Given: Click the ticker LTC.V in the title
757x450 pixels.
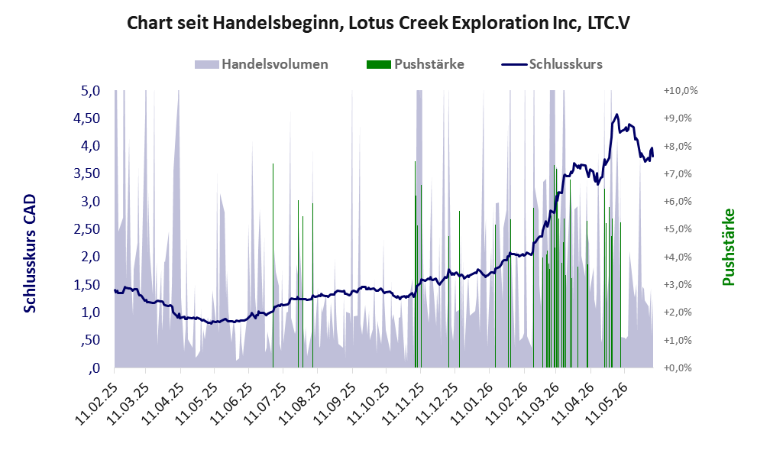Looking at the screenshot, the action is click(x=609, y=23).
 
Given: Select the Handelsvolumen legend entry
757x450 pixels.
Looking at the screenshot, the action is click(x=261, y=64).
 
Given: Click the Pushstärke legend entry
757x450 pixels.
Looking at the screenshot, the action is click(x=416, y=64).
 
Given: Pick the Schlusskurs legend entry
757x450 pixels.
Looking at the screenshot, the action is click(x=552, y=64).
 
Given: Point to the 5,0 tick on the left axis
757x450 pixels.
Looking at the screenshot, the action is click(x=90, y=91).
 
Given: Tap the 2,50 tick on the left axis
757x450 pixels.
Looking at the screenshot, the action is click(x=86, y=229).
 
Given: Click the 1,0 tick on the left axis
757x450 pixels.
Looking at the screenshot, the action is click(x=90, y=312).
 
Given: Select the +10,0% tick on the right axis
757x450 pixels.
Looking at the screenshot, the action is click(x=681, y=91).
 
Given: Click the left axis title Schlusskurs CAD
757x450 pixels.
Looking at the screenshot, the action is click(x=30, y=254).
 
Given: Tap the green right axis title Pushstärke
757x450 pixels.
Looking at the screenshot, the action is click(x=729, y=247).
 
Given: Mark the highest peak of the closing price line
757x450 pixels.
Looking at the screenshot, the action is click(x=616, y=115).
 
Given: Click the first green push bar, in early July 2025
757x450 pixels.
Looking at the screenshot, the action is click(x=273, y=266).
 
